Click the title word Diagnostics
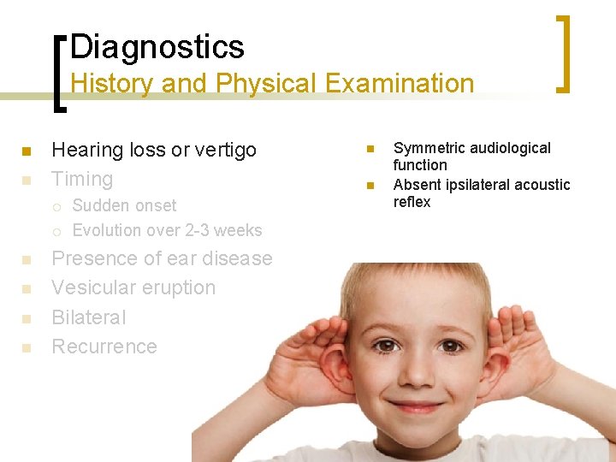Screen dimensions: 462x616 click(157, 46)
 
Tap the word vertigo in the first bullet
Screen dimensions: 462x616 click(226, 150)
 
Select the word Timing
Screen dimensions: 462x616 click(82, 179)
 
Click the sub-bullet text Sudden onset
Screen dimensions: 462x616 click(124, 205)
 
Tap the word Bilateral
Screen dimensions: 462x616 click(88, 317)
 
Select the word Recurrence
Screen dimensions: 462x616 click(104, 346)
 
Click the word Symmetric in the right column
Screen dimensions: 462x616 click(429, 148)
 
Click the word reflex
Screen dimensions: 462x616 click(412, 202)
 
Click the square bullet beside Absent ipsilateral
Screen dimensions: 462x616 click(370, 186)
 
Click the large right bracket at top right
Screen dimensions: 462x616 click(563, 53)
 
